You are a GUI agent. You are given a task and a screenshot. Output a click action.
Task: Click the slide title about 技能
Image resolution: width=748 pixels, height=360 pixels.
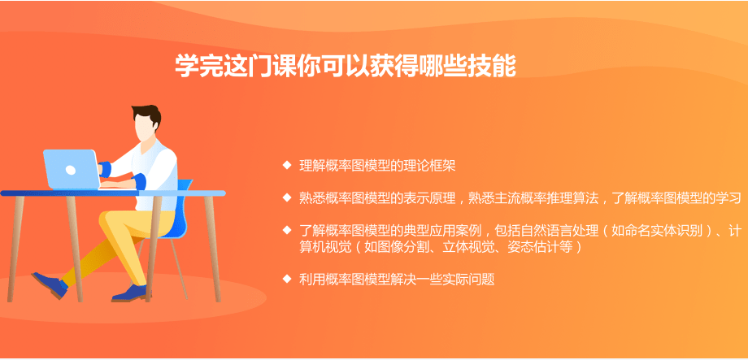346,66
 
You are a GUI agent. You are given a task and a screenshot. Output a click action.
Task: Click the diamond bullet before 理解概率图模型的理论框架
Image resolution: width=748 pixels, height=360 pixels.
287,165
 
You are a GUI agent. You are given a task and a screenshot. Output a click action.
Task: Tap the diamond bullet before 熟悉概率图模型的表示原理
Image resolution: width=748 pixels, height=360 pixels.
287,197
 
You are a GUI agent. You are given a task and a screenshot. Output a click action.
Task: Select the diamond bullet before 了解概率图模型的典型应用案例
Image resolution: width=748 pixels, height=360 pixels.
287,230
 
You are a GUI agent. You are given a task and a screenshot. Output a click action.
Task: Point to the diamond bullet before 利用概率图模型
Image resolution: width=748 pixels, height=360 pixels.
287,278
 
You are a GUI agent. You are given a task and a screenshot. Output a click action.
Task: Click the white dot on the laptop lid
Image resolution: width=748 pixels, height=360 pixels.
71,170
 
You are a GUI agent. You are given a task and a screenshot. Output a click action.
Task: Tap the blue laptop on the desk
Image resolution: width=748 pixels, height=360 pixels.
72,169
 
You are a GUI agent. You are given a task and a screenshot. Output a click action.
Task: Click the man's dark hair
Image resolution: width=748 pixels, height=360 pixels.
147,115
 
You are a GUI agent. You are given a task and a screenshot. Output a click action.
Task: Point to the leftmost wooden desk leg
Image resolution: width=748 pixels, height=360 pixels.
15,248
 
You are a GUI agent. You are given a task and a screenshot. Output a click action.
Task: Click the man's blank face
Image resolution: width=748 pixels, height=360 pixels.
144,127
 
